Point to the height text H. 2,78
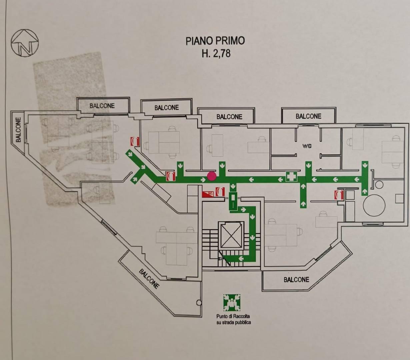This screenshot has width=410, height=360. [x=216, y=53]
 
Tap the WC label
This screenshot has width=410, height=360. [x=307, y=146]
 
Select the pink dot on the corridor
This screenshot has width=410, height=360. [x=212, y=176]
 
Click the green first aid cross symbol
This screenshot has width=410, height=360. [x=291, y=177]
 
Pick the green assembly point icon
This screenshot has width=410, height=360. [x=232, y=303]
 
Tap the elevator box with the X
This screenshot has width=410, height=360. [x=231, y=235]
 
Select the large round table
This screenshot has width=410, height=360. [x=374, y=205]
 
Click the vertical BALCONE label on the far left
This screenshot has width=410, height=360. [x=18, y=129]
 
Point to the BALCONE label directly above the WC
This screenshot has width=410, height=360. [x=308, y=116]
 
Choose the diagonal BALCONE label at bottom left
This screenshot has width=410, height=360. [x=149, y=279]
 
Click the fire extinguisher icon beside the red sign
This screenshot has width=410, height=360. [x=220, y=192]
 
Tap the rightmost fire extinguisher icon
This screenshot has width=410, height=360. [x=339, y=195]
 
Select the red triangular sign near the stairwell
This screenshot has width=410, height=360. [x=208, y=194]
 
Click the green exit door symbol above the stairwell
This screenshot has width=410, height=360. [x=233, y=201]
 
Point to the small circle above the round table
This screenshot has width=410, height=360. [x=379, y=184]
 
